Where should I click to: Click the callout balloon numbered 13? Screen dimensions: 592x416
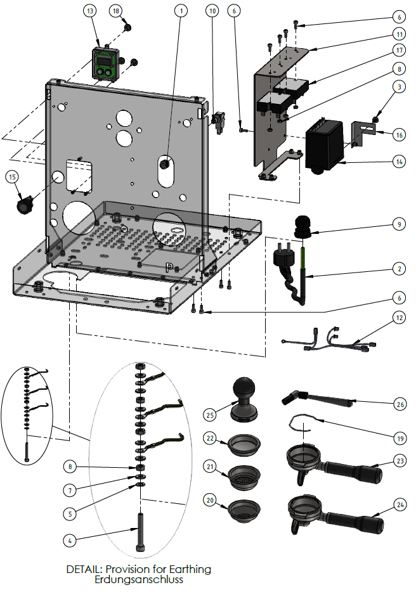pos(90,11)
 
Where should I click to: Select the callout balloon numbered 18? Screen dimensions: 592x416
pos(116,11)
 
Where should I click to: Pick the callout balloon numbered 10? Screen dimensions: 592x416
pos(212,11)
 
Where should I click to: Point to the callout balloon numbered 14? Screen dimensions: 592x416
pos(398,162)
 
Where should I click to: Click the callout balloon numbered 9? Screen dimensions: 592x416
pos(398,224)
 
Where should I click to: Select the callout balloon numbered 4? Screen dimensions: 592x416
pos(71,540)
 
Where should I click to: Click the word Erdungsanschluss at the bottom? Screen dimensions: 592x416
pos(139,579)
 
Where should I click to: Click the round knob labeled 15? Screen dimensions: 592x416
pos(25,204)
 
